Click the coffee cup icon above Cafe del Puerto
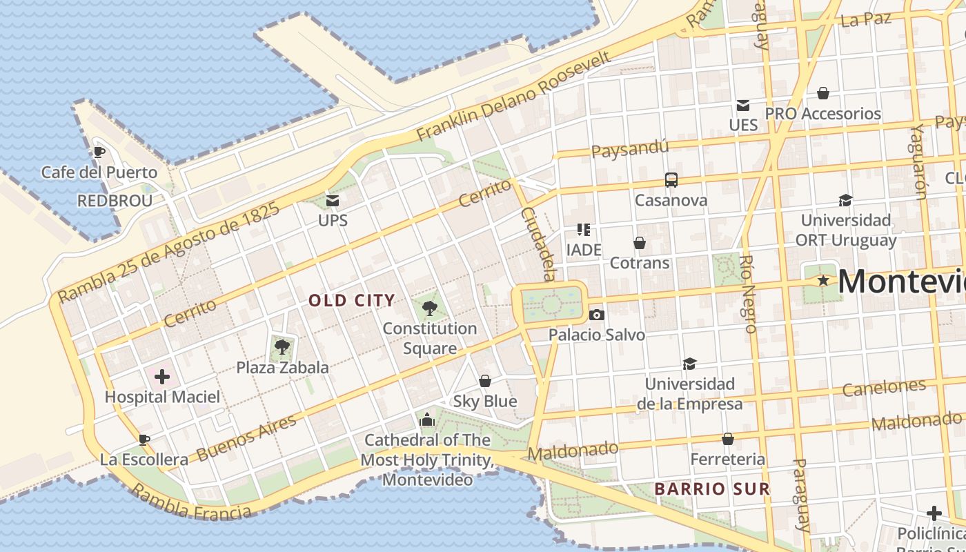click(99, 152)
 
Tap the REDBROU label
click(115, 201)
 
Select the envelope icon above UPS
click(333, 201)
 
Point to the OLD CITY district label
click(352, 300)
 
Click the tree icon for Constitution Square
click(429, 308)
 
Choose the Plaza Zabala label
click(283, 368)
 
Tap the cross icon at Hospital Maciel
click(162, 377)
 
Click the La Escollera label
click(144, 460)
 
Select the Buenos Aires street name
click(246, 437)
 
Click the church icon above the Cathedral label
click(427, 420)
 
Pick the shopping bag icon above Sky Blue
click(485, 381)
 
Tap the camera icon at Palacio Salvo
click(597, 315)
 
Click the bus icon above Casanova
click(671, 180)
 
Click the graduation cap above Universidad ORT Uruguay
click(845, 200)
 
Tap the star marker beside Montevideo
click(822, 281)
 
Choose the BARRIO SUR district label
click(711, 489)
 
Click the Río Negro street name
click(749, 293)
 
